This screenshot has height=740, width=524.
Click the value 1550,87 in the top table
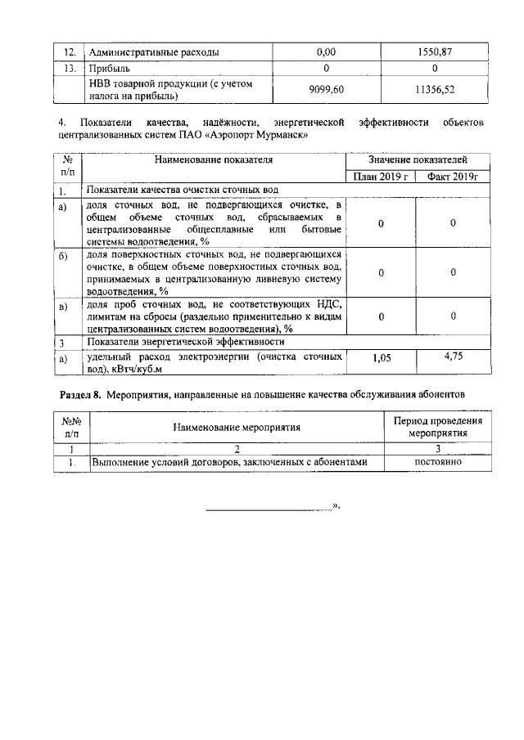(435, 52)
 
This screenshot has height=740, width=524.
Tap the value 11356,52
(435, 88)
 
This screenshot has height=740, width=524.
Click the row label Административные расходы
(153, 52)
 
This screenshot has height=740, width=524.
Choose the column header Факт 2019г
(452, 177)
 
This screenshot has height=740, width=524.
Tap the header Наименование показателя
(215, 161)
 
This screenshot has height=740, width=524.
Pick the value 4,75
(453, 357)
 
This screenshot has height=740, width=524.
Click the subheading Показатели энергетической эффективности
(186, 342)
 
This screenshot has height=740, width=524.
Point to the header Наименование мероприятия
(237, 427)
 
